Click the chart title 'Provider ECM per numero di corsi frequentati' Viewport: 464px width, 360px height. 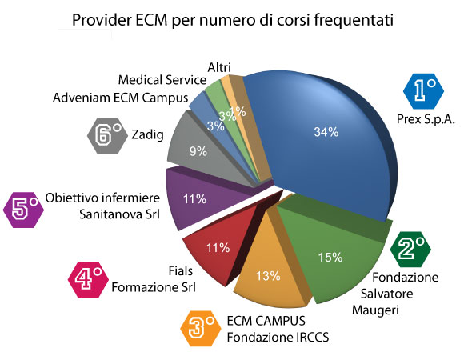232,19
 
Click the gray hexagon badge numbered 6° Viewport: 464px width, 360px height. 107,135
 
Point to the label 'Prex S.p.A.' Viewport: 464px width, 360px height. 425,121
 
